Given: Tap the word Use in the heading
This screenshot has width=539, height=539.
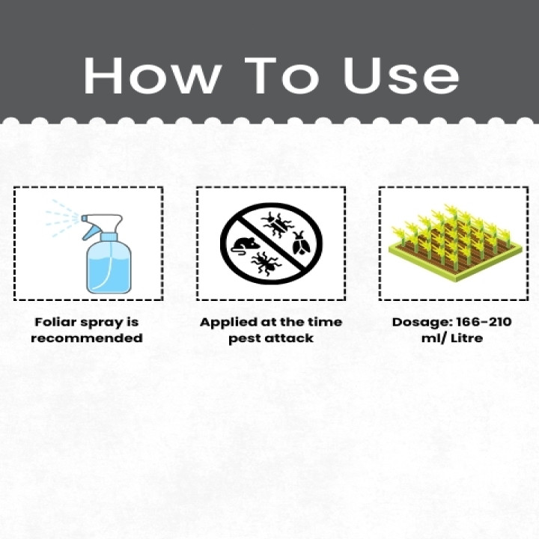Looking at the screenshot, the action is coord(401,76).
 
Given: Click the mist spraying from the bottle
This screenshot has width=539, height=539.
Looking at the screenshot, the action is coord(62,219).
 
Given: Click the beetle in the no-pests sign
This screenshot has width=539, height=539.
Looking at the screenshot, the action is coord(301,243).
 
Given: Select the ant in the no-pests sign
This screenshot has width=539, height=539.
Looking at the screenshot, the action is coord(266,263).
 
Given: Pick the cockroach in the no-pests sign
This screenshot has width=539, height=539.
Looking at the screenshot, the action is coord(278,225).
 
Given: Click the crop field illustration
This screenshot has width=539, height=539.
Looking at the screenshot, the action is coord(455,243).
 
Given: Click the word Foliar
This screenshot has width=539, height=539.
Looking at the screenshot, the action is coord(55,323).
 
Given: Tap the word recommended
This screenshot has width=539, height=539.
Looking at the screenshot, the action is coord(87,338).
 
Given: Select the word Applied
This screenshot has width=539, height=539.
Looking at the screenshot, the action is coord(229,323).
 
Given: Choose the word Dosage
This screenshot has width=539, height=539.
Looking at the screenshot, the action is coord(421,323).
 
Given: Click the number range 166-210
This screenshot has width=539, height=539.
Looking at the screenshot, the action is coord(484,323).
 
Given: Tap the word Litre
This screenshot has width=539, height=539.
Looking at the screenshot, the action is coord(466,338).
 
